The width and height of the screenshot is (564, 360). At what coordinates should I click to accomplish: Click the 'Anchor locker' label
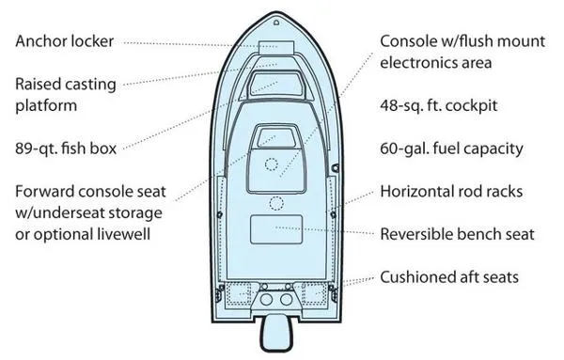pos(64,41)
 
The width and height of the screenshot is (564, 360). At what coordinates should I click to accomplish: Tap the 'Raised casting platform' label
pos(66,95)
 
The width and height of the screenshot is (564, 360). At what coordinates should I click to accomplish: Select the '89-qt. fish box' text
pos(66,149)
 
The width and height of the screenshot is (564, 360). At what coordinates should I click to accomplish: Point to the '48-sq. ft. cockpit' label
pos(438,105)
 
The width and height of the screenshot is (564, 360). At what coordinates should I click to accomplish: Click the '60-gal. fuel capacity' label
pos(451,149)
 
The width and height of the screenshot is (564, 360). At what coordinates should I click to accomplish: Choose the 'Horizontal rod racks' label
pos(451,191)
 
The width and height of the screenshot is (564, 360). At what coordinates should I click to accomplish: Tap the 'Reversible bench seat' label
pos(457,234)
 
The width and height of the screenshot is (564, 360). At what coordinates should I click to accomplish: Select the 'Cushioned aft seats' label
pos(449,277)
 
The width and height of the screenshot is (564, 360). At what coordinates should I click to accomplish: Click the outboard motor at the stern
pos(276,333)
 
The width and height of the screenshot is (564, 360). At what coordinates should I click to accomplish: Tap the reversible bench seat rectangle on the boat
pos(276,229)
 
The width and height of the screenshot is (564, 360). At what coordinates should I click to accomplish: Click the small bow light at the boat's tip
pos(276,23)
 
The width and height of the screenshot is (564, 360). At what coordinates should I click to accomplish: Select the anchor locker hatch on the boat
pos(276,48)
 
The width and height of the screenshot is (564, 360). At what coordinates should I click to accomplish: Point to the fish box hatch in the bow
pos(275,85)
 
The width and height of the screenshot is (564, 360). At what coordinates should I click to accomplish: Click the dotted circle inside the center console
pos(272,164)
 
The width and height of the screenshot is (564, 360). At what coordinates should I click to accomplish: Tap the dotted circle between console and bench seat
pos(276,204)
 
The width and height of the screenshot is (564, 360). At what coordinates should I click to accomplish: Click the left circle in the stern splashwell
pos(266,299)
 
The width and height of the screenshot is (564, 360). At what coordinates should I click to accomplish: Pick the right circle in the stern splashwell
pos(287,299)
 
